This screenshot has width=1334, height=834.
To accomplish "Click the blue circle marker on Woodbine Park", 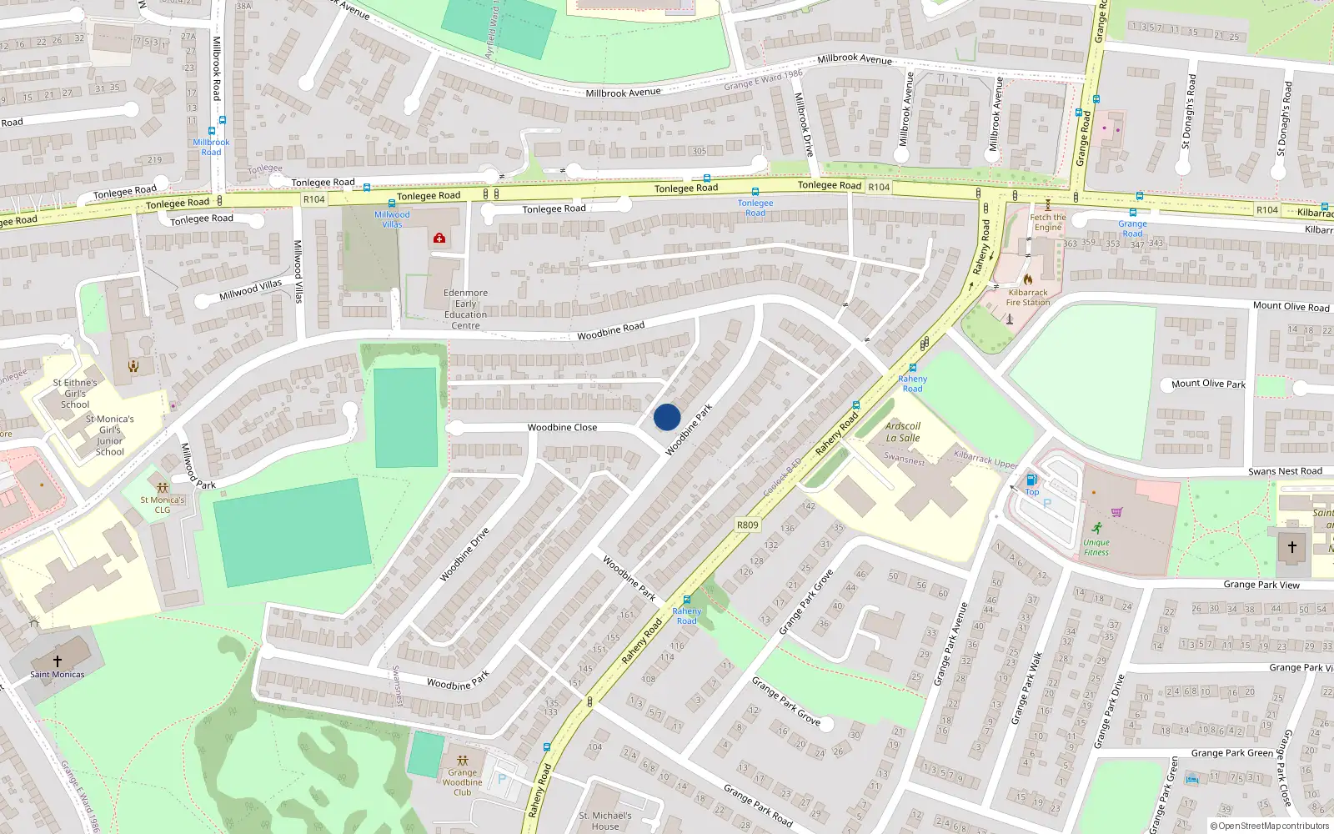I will (667, 417).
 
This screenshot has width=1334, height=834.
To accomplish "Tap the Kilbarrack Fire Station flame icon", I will (1027, 279).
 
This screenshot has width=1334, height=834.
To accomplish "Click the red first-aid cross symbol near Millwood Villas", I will (439, 239).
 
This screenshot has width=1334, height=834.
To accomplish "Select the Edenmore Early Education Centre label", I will (465, 309).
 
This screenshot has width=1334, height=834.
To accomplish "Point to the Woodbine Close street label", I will (562, 427).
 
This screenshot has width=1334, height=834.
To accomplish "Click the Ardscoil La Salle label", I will (903, 432).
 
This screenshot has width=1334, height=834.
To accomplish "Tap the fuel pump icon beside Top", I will (1031, 480).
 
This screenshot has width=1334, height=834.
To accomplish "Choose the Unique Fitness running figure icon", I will (1096, 528).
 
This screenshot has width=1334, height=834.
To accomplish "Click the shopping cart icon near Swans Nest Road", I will (1117, 512).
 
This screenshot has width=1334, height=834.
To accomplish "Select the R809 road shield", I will (747, 525).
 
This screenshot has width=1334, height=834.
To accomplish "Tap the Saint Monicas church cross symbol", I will (58, 661).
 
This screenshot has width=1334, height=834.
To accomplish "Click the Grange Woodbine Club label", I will (462, 782).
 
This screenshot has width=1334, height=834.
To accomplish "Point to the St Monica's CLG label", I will (163, 505).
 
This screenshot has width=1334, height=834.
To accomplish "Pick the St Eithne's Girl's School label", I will (75, 394).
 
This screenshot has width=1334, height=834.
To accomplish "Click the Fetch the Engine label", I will (1048, 222).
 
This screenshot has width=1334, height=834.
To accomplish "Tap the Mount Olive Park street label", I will (1208, 384).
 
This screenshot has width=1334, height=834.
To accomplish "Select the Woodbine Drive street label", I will (464, 554).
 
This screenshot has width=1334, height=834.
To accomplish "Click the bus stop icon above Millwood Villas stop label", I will (392, 203).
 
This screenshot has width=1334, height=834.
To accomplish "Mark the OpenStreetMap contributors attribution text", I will (1270, 826).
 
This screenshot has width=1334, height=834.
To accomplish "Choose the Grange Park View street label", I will (1261, 585).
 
